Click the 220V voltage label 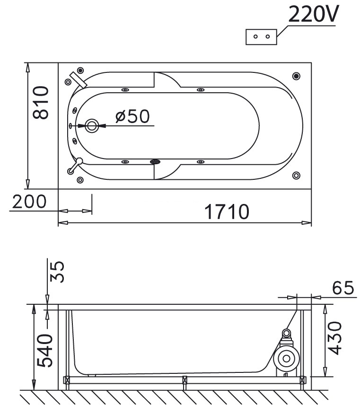[314, 14]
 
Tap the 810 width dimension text [41, 102]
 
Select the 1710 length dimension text [227, 212]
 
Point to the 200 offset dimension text [29, 202]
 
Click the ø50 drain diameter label [132, 116]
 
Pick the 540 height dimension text [44, 350]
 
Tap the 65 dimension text [343, 288]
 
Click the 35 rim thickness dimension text [57, 272]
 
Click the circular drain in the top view [92, 126]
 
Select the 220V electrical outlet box [261, 37]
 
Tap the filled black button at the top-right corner [296, 76]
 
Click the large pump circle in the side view [287, 359]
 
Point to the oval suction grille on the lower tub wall [155, 161]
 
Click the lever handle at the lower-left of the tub [75, 166]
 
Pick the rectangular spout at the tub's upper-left [79, 79]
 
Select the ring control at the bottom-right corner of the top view [296, 176]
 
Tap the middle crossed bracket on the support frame [184, 380]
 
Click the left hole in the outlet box [255, 36]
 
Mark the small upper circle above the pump [286, 333]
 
